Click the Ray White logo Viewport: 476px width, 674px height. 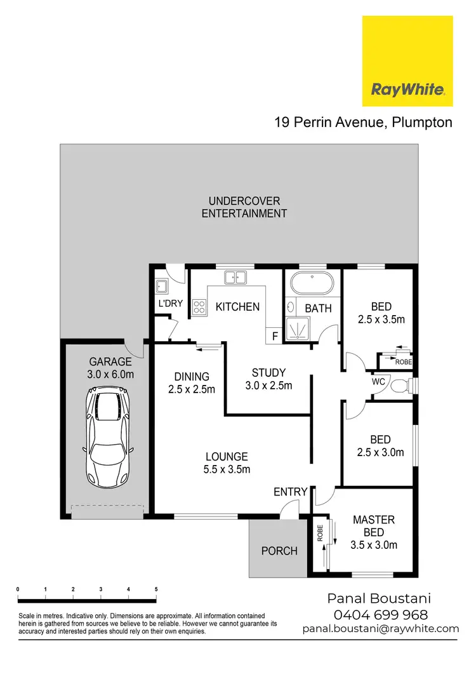pyautogui.click(x=407, y=61)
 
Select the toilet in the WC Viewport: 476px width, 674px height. pyautogui.click(x=400, y=386)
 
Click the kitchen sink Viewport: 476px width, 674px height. pyautogui.click(x=236, y=278)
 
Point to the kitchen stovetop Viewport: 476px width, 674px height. pyautogui.click(x=199, y=307)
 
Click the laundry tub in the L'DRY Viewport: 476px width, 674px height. pyautogui.click(x=162, y=286)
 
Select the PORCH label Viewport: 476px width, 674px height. pyautogui.click(x=279, y=551)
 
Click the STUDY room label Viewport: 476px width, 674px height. pyautogui.click(x=268, y=373)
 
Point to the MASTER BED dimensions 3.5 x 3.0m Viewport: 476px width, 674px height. pyautogui.click(x=374, y=544)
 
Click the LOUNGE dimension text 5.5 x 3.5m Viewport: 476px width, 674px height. pyautogui.click(x=227, y=469)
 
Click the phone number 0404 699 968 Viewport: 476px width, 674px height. pyautogui.click(x=380, y=614)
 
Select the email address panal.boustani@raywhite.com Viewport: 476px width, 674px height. pyautogui.click(x=380, y=628)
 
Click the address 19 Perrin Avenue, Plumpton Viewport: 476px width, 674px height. pyautogui.click(x=363, y=122)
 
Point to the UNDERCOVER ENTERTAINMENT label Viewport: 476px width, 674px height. pyautogui.click(x=244, y=207)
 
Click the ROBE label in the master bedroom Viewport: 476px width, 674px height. pyautogui.click(x=321, y=532)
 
